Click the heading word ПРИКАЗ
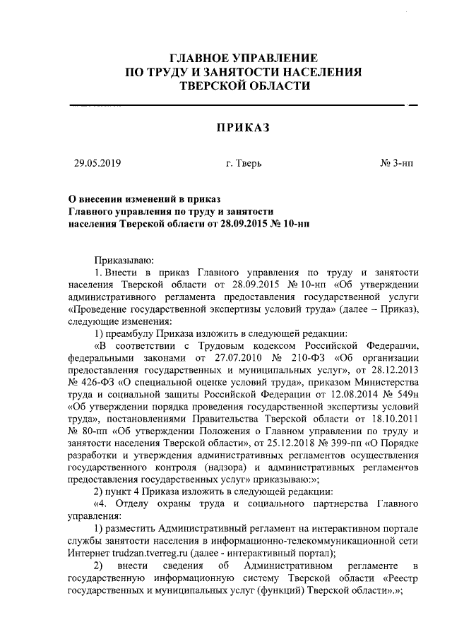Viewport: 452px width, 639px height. pos(243,127)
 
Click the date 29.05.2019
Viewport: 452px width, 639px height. pos(98,164)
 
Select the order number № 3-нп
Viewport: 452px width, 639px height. pos(397,164)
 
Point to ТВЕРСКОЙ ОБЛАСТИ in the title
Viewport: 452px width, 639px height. pos(244,85)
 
